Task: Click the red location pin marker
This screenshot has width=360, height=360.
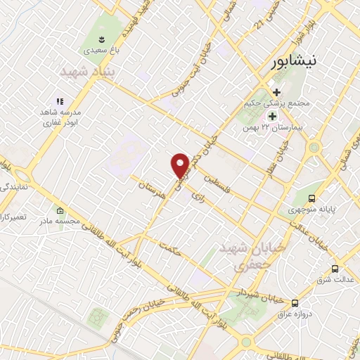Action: tap(180, 164)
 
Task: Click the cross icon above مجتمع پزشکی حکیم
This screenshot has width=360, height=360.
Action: tap(276, 92)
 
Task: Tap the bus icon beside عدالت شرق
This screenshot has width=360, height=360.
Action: tap(335, 269)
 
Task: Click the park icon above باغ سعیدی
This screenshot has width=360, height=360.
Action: tap(103, 38)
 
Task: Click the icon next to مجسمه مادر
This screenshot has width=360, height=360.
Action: tap(60, 211)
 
